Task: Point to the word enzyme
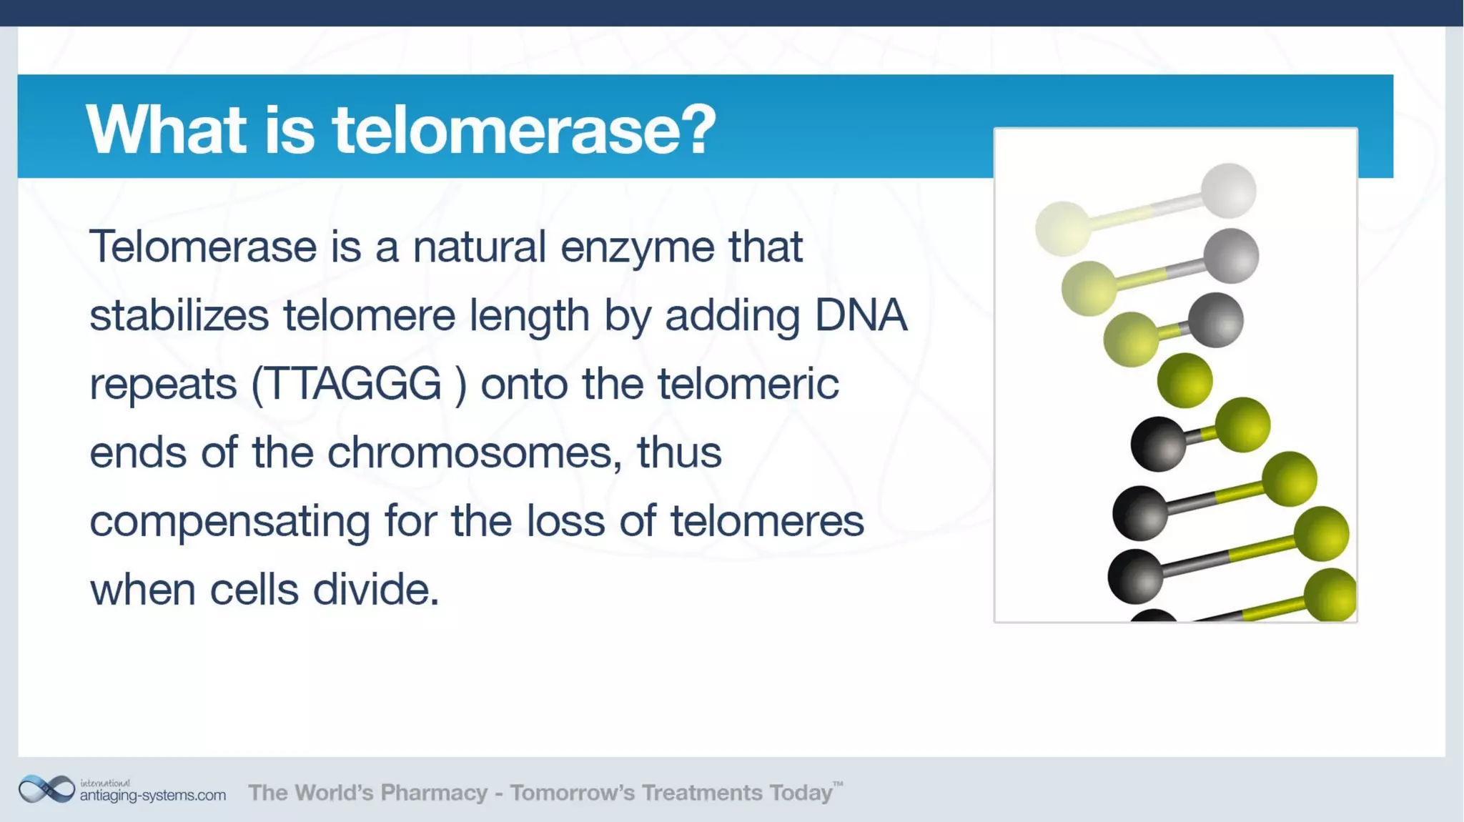pos(637,247)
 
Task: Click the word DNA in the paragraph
pos(860,315)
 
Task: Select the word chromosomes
pos(473,452)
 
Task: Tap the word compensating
pos(229,522)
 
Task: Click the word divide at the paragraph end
pos(375,590)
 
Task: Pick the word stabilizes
pos(179,315)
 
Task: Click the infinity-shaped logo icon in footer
pos(46,790)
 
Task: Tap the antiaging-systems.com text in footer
pos(152,796)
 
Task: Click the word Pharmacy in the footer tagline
pos(433,793)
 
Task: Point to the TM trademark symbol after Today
pos(838,784)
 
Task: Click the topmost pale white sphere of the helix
pos(1228,190)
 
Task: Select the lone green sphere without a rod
pos(1184,380)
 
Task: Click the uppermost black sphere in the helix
pos(1158,444)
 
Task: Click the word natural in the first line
pos(479,247)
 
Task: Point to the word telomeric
pos(748,384)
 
